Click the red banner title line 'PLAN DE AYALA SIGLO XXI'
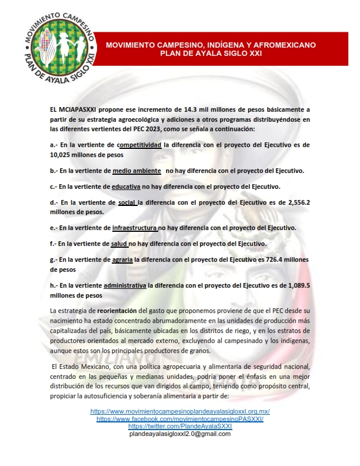click(x=211, y=52)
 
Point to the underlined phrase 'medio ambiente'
click(x=136, y=171)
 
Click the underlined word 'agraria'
click(x=122, y=259)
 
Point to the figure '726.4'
click(x=278, y=259)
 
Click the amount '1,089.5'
click(x=296, y=285)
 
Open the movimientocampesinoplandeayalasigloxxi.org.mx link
click(x=179, y=411)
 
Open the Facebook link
click(x=179, y=418)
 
